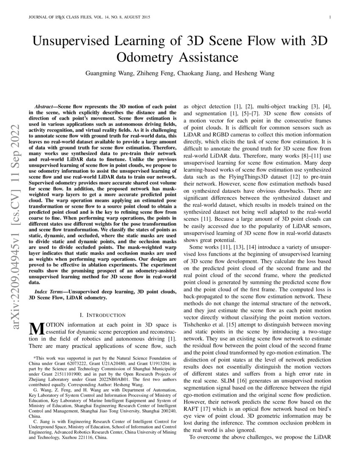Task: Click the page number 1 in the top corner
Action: (x=330, y=17)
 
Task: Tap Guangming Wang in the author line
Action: (x=110, y=73)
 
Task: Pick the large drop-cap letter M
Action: (x=34, y=329)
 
